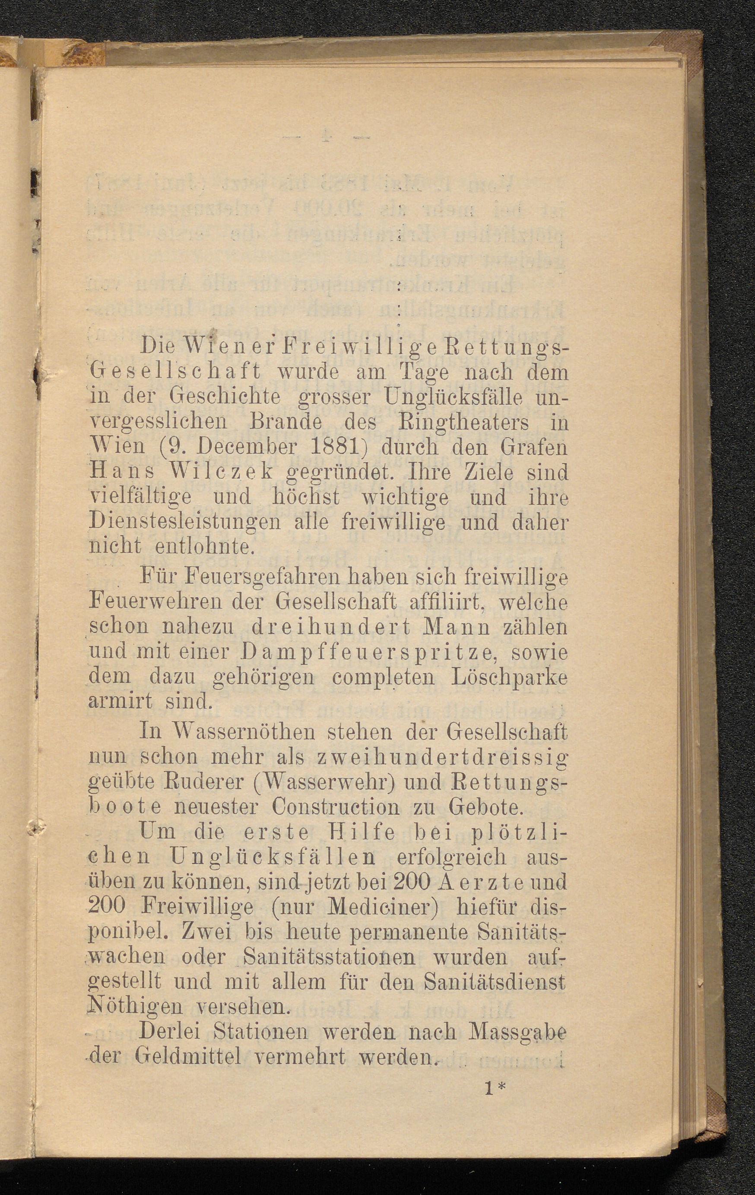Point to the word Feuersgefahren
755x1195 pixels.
click(256, 577)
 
